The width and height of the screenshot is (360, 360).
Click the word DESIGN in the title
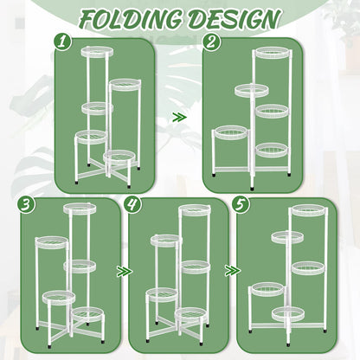235,19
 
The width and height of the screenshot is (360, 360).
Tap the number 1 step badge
62,42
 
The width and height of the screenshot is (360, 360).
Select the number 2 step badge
211,42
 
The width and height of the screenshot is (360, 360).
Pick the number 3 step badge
26,204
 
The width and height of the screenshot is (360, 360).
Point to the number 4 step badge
132,204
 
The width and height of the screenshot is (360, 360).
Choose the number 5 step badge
241,204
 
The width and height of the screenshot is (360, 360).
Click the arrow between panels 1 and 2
179,118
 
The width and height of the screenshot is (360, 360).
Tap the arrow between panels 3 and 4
125,272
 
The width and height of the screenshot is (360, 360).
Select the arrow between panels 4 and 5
233,271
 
